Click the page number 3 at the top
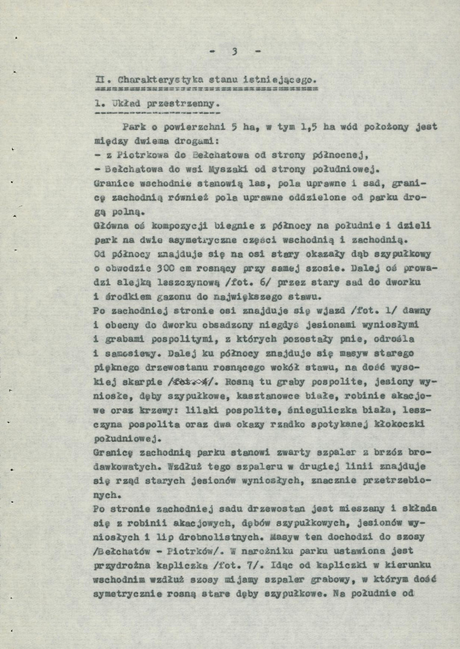point(235,52)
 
